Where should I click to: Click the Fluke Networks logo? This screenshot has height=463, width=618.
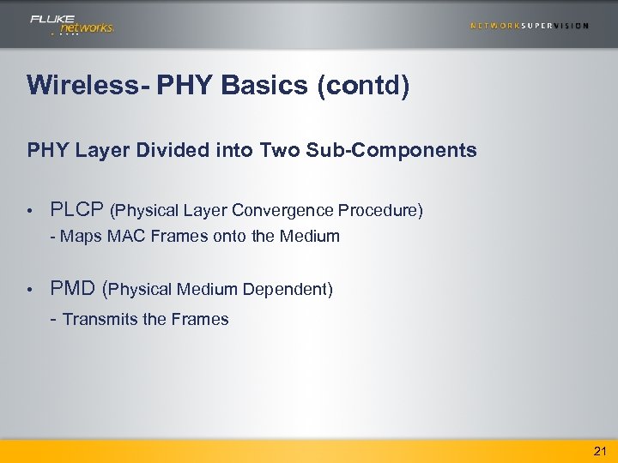[x=71, y=24]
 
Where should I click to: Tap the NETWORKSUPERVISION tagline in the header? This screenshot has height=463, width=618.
[x=529, y=26]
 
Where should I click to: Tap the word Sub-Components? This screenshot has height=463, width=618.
[x=407, y=151]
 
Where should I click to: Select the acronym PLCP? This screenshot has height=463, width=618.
[x=77, y=210]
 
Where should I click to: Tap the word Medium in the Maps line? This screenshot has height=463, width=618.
[x=310, y=236]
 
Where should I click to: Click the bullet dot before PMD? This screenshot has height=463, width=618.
[x=29, y=291]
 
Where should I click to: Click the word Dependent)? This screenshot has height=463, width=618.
[x=288, y=290]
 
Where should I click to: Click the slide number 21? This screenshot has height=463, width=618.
[x=599, y=451]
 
